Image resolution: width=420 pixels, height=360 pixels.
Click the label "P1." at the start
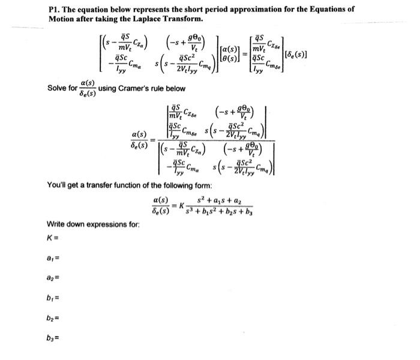(x=55, y=9)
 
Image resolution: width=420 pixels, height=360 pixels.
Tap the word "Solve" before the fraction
(x=58, y=88)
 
